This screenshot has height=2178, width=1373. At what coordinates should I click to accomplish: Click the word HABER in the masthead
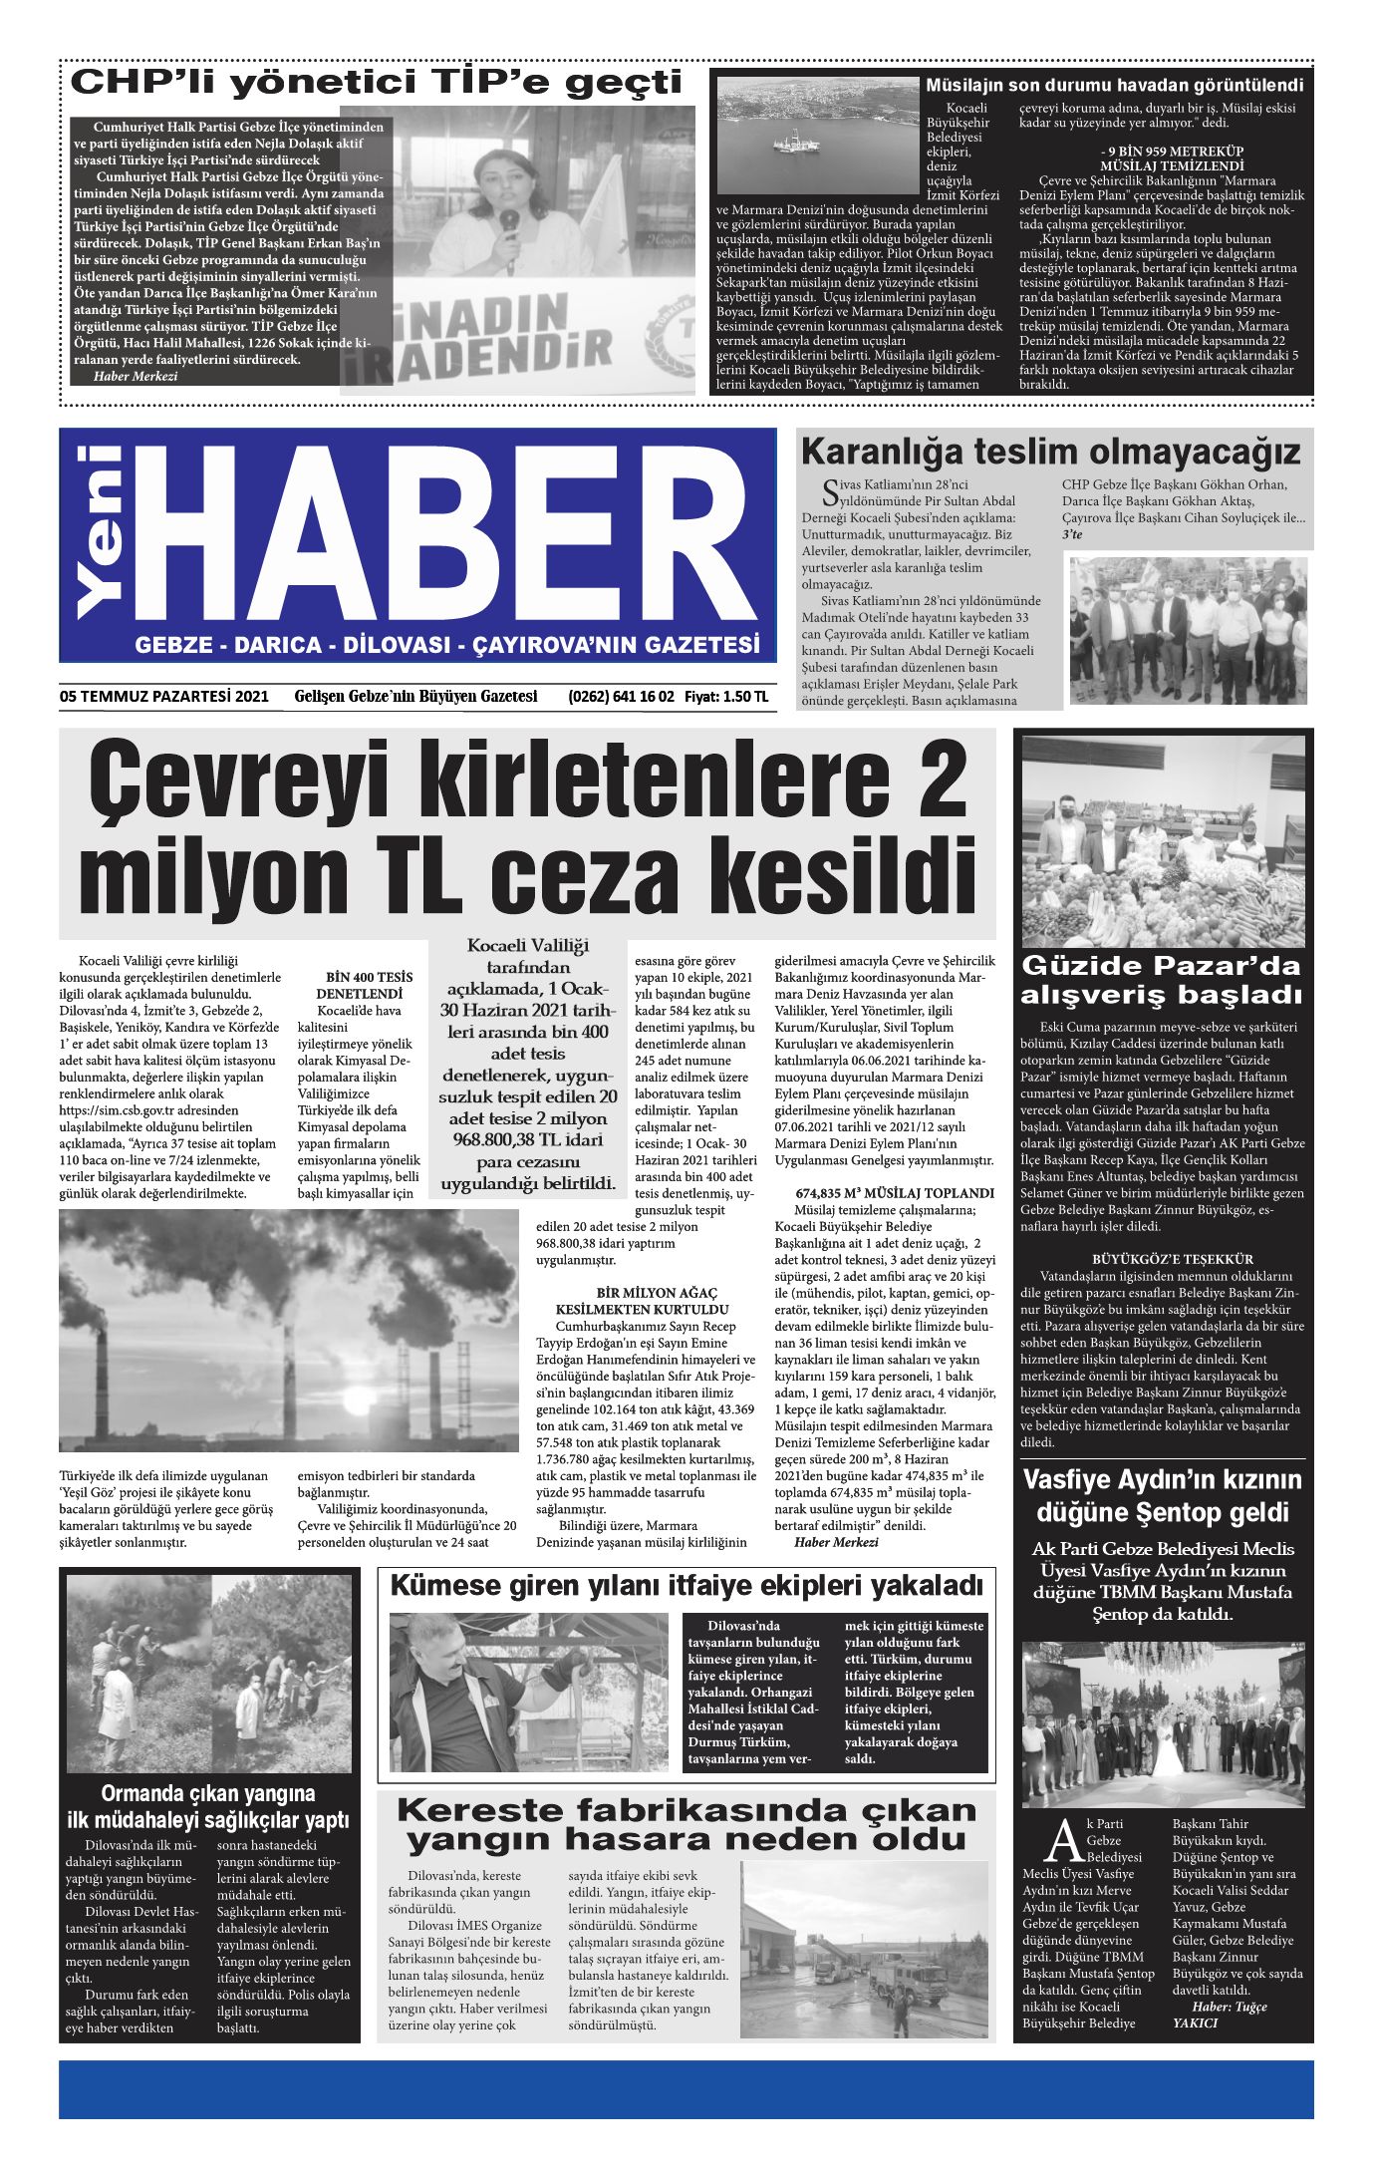click(x=453, y=538)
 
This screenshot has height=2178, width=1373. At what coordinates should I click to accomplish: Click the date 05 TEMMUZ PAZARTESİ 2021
click(x=163, y=698)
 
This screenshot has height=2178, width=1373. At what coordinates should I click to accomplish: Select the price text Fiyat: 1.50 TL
click(x=726, y=698)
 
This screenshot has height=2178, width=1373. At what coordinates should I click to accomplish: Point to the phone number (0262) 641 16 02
click(x=621, y=698)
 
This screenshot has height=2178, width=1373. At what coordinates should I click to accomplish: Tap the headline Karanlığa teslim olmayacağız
click(x=1050, y=453)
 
